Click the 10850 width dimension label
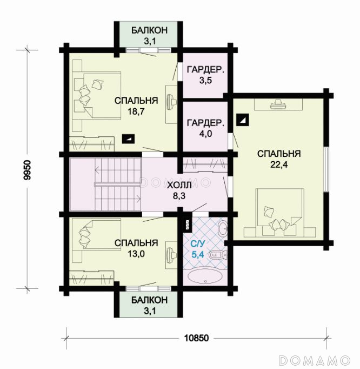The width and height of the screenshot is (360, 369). (196, 338)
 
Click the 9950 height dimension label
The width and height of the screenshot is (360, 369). (27, 170)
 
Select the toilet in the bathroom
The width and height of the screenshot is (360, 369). (218, 255)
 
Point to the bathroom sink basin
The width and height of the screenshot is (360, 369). (223, 228)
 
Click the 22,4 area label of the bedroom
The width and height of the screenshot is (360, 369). (279, 164)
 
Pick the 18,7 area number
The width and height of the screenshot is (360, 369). (136, 111)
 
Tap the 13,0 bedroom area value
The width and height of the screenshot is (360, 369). (136, 254)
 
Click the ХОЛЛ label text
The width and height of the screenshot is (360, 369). (179, 185)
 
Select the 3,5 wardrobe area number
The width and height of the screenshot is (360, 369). (205, 80)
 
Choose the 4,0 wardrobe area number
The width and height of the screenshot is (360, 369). (205, 134)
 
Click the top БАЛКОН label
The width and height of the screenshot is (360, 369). (149, 30)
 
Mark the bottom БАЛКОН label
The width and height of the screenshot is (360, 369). (149, 300)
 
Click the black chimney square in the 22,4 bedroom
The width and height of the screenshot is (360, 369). (242, 120)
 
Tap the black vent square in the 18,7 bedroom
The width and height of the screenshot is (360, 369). (128, 139)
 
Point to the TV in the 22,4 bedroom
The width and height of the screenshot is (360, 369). (278, 104)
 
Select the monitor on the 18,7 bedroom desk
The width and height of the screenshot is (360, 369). (171, 102)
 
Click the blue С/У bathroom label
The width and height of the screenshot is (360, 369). (197, 244)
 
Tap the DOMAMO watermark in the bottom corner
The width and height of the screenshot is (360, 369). (315, 360)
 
